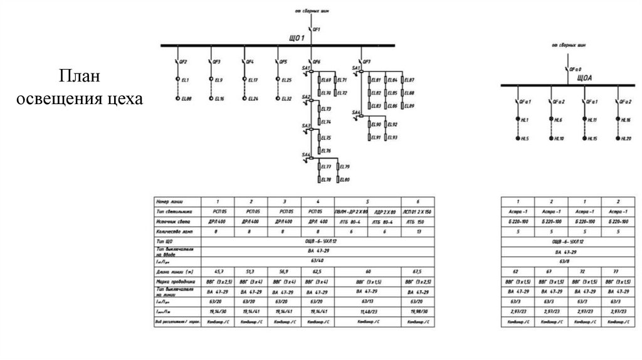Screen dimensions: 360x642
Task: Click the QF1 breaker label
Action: tap(317, 29)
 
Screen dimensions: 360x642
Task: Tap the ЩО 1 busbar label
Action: tap(297, 40)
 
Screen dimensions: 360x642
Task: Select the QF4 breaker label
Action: tap(250, 62)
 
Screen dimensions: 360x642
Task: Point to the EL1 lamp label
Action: tap(186, 80)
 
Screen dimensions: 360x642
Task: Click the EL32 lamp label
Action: tap(287, 98)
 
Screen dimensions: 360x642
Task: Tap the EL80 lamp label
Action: tap(344, 180)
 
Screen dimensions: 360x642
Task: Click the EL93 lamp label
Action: tap(392, 137)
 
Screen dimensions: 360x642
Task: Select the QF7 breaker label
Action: tap(367, 62)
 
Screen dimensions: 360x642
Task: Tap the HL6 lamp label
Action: tap(559, 119)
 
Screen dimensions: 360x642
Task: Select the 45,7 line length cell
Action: tap(217, 270)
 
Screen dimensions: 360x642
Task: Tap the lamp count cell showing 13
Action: tap(418, 231)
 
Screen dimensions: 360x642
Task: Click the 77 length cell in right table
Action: tap(617, 270)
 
